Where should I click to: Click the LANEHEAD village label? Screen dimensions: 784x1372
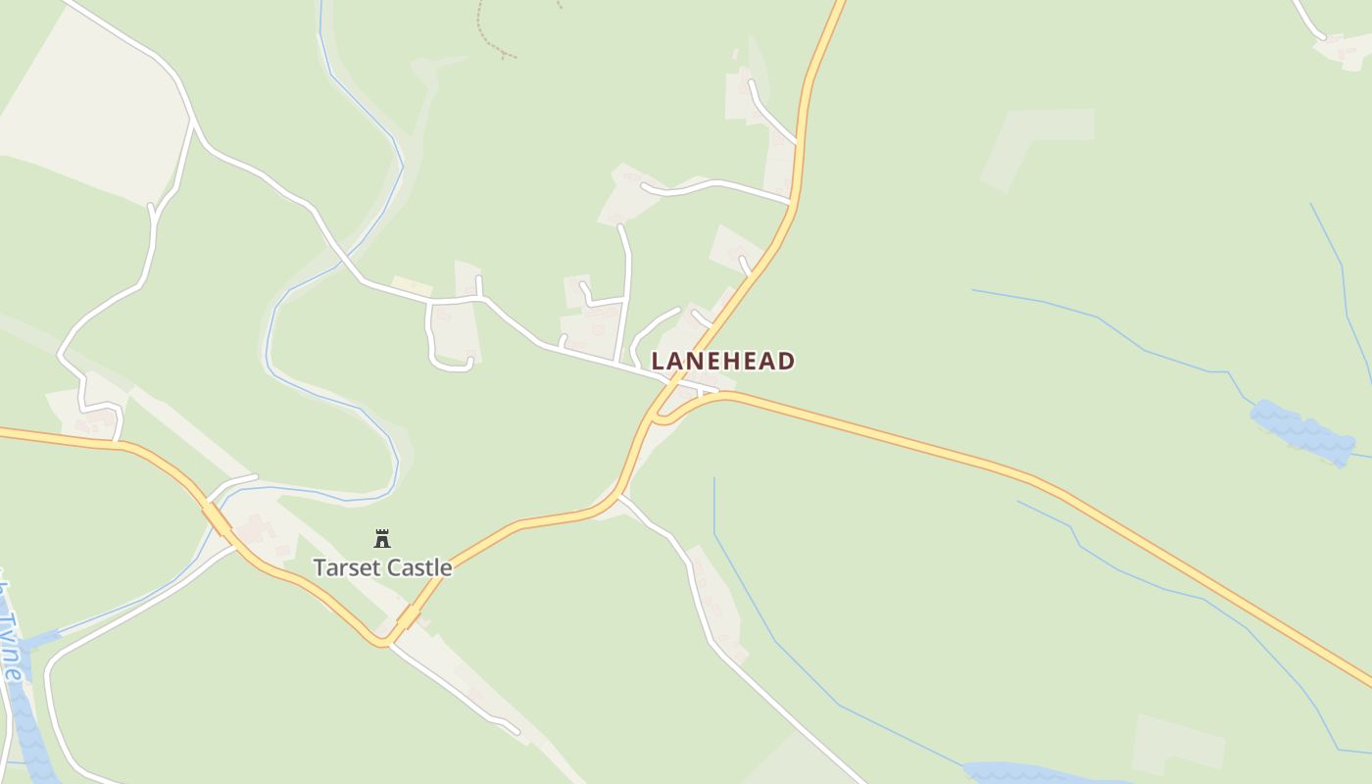(x=722, y=361)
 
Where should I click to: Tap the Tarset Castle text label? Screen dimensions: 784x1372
(x=382, y=567)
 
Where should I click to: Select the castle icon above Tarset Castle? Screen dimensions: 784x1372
(x=382, y=538)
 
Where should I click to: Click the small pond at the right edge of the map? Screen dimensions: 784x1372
(x=1301, y=431)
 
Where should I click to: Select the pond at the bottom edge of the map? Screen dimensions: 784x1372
(x=1029, y=774)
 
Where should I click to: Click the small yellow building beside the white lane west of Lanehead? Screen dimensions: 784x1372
(x=412, y=286)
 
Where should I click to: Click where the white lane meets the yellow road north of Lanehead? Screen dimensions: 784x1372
(x=790, y=203)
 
